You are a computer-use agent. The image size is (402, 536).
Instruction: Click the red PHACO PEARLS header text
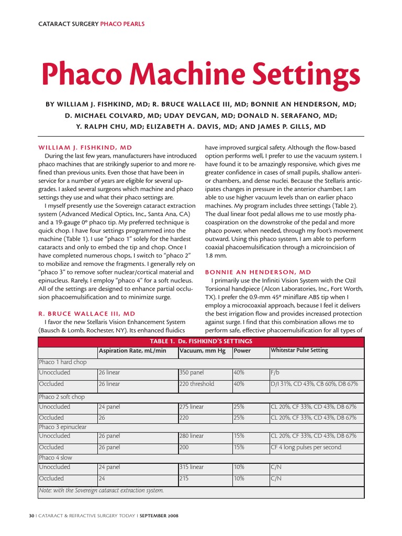click(x=122, y=24)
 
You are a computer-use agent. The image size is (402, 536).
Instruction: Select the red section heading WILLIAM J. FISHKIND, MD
click(x=85, y=148)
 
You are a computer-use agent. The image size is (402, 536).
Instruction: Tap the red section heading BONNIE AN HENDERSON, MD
click(x=258, y=272)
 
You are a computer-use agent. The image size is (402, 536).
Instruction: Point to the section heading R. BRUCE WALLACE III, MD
click(x=87, y=313)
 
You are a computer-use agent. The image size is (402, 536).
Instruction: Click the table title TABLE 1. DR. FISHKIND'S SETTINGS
click(x=201, y=341)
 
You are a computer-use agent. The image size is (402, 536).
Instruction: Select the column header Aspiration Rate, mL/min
click(x=132, y=350)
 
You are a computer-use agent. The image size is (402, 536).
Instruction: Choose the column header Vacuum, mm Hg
click(x=202, y=350)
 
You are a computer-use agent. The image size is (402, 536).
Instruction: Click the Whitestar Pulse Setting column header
click(x=299, y=350)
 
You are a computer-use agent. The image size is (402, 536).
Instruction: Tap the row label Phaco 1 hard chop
click(x=63, y=362)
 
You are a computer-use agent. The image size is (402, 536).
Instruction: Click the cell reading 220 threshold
click(x=197, y=384)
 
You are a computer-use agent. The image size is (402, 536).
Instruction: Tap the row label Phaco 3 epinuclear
click(x=63, y=427)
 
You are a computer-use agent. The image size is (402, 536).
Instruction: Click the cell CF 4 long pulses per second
click(x=306, y=447)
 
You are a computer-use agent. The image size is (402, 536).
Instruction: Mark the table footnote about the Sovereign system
click(x=101, y=490)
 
